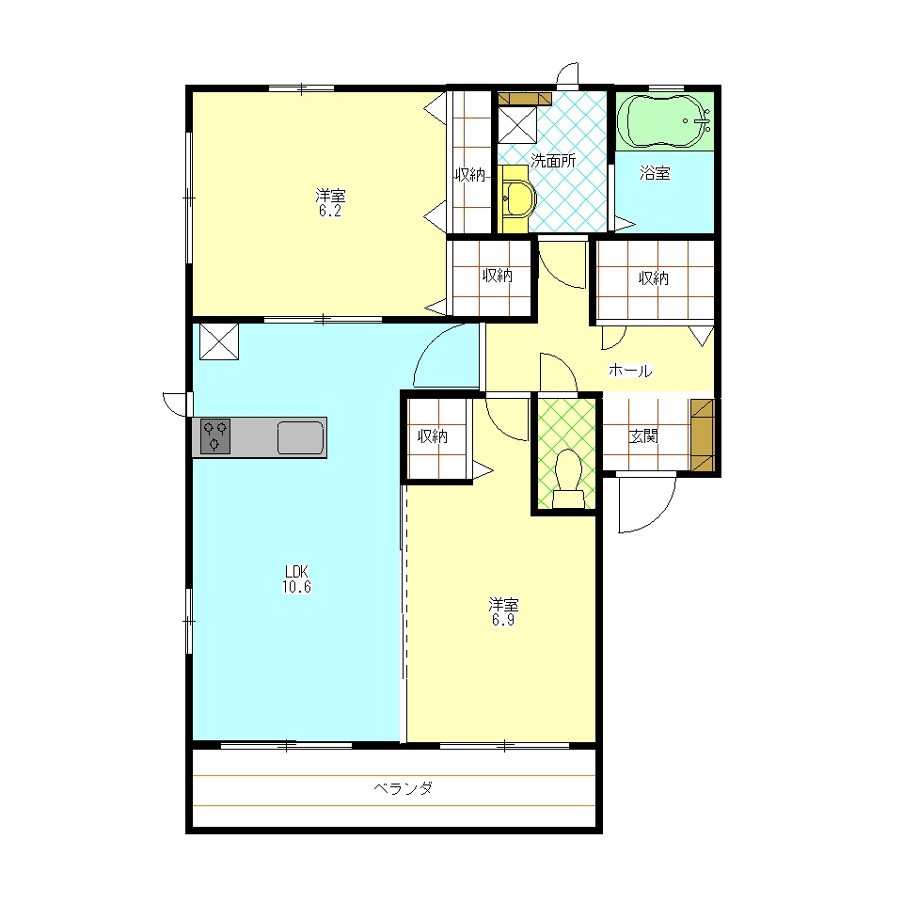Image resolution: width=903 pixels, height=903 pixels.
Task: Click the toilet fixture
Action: pos(568,479)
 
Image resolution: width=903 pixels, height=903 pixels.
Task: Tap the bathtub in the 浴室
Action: pos(665,121)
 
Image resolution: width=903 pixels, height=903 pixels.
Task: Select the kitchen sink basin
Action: pos(301,437)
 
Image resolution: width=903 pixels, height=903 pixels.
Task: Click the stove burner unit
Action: pos(215,436)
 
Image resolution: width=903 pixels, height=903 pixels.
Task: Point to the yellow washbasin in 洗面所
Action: pos(517,198)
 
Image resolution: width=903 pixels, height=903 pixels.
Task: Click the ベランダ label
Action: pos(404,788)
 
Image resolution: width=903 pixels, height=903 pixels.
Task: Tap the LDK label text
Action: pos(296,572)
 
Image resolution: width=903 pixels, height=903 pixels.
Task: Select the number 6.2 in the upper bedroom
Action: pos(330,211)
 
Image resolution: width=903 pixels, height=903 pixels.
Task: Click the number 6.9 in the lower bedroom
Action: pos(503,620)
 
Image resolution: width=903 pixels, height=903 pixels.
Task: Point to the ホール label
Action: pos(630,371)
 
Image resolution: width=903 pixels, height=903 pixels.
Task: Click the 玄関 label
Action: pos(643,436)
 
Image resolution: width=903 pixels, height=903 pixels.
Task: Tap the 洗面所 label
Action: pos(553,161)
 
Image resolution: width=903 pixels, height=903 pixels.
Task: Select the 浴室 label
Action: pos(655,173)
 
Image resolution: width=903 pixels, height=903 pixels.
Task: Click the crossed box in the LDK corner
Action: pos(219,341)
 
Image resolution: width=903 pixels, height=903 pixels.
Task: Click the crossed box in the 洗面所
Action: pos(517,124)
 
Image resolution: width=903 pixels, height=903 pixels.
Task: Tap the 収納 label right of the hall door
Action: pos(654,278)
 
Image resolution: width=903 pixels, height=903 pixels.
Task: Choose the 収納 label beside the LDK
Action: pos(433,436)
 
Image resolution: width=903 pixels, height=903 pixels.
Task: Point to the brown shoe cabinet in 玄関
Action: pos(702,436)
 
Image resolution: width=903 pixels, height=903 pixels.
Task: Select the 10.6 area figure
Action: pos(296,587)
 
